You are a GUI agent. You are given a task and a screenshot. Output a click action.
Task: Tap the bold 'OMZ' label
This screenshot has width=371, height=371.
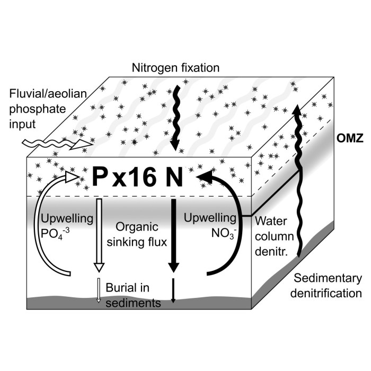pos(351,140)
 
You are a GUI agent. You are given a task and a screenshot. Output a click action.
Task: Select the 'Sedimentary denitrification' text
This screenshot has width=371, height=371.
pos(328,286)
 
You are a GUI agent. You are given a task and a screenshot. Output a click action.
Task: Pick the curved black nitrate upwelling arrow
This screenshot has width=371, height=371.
pos(231,223)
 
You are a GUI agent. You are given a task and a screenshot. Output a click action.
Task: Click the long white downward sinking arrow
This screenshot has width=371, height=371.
pos(98,233)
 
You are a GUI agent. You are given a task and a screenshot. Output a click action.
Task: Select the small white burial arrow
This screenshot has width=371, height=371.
pos(98,291)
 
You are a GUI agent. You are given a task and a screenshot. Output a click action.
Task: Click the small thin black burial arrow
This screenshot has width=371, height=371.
pos(173,290)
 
